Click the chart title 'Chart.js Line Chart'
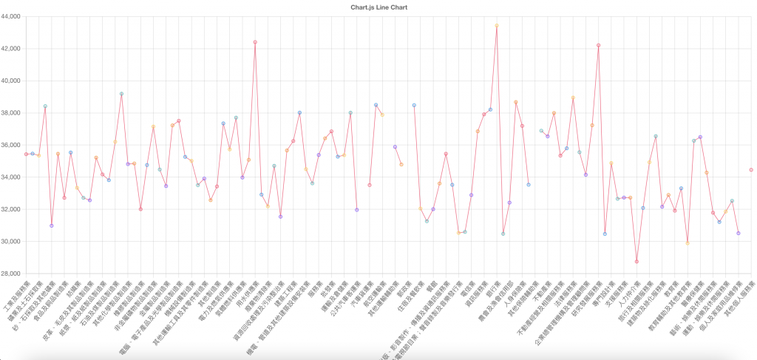coord(378,7)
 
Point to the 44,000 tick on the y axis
coord(11,16)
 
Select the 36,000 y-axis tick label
coord(11,145)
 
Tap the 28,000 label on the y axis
coord(11,274)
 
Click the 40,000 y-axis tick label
coord(11,81)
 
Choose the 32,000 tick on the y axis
coord(11,209)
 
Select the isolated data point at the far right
coord(751,170)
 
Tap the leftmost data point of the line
coord(26,154)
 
